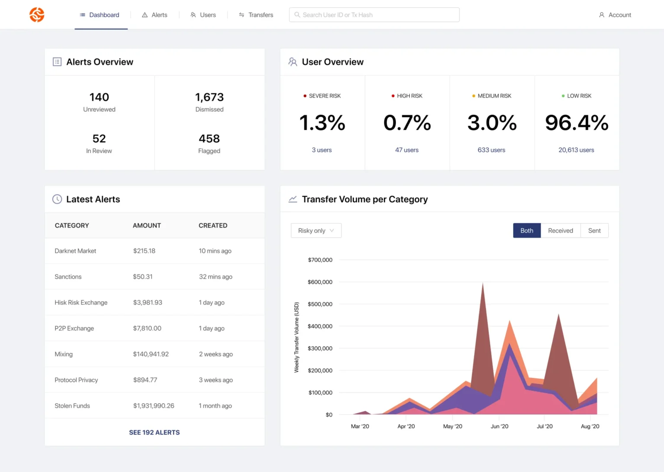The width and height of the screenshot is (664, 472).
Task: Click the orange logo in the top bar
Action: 37,15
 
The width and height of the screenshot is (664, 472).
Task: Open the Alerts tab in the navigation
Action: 154,15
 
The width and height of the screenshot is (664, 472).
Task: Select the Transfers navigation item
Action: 256,15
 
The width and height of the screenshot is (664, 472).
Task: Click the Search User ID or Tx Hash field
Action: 374,15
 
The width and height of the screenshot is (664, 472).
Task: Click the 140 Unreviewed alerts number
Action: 99,97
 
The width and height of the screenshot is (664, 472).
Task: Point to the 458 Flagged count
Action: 209,139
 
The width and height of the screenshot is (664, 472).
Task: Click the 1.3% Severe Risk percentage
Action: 322,123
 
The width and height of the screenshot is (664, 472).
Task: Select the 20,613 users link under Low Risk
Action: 576,150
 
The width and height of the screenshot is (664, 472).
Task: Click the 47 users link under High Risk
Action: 407,150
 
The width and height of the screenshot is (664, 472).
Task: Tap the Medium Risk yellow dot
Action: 474,96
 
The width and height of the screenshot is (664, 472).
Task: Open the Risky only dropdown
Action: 316,230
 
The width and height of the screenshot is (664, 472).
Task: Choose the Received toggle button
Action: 560,230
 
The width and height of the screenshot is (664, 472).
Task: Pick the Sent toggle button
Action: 594,230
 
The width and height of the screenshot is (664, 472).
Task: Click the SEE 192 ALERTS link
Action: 154,432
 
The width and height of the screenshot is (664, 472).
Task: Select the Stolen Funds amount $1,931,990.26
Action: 153,406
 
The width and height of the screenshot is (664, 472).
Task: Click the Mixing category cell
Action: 64,354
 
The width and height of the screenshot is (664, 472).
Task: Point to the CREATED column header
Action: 213,226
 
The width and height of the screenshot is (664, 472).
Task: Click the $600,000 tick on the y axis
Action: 320,282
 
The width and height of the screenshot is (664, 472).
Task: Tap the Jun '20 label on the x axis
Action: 499,426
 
